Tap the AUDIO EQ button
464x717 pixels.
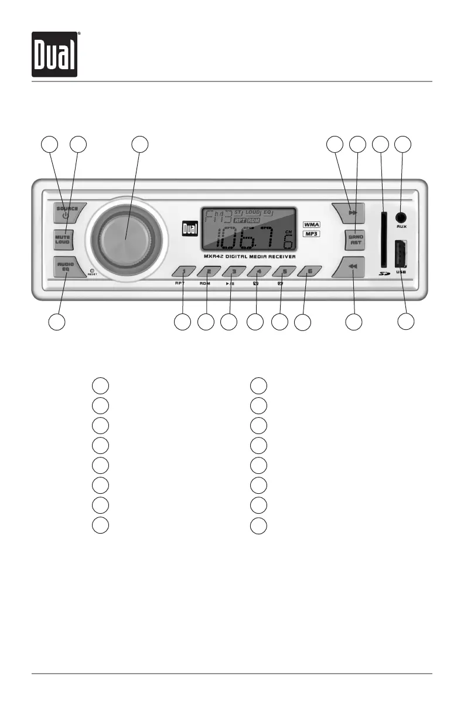(65, 267)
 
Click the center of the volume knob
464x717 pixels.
(125, 239)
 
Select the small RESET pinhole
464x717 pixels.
(92, 271)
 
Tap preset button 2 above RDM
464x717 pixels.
(208, 272)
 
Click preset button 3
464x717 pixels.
(233, 272)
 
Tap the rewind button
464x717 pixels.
(350, 267)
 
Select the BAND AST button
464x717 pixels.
(356, 240)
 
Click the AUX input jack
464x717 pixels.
(401, 217)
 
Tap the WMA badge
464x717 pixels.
(315, 224)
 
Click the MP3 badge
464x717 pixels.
(315, 234)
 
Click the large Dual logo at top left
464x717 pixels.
(54, 54)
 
